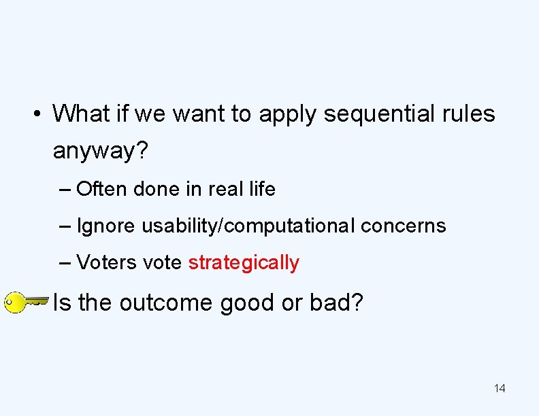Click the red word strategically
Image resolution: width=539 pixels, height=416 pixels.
click(243, 263)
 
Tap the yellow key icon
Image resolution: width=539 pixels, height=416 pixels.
click(24, 302)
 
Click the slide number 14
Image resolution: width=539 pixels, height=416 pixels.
click(500, 388)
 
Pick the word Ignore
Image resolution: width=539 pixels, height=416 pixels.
click(106, 226)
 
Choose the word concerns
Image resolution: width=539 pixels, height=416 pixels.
click(404, 226)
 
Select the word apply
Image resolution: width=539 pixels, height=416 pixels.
click(288, 114)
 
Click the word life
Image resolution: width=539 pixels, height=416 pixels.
click(262, 189)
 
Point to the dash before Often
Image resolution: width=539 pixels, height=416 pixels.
click(65, 190)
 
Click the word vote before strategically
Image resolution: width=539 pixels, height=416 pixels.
click(163, 263)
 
